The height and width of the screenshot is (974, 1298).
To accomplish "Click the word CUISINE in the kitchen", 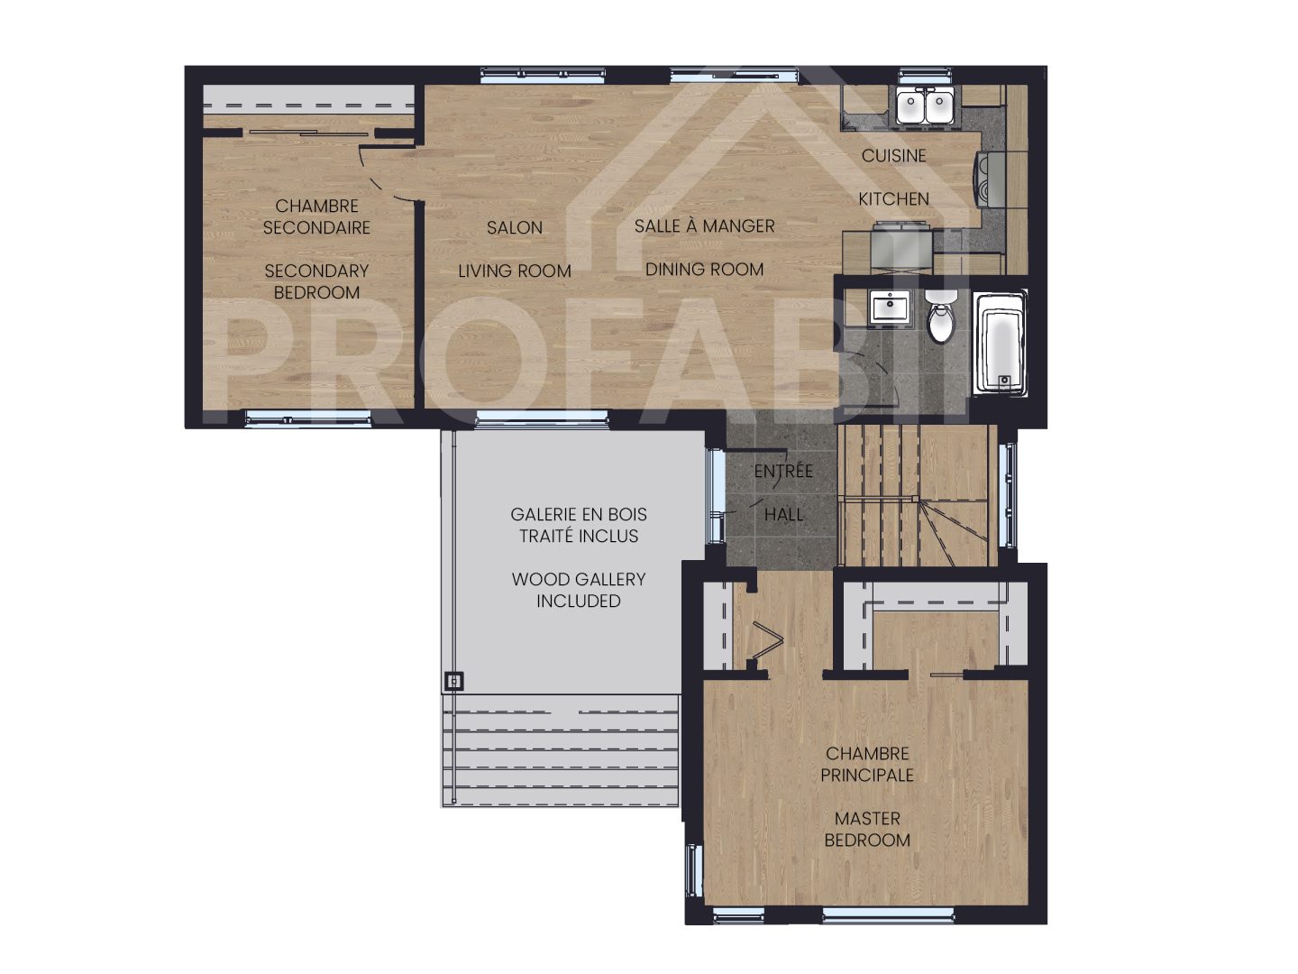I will [x=893, y=155].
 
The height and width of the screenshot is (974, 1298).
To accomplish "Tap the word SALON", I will [x=515, y=228].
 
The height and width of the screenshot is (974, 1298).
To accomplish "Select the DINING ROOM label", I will [x=704, y=269].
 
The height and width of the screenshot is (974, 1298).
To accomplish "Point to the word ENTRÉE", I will [x=782, y=471].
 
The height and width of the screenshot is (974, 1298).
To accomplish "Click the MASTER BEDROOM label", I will [x=867, y=829].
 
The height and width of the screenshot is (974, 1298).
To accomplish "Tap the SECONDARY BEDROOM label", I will [x=316, y=281].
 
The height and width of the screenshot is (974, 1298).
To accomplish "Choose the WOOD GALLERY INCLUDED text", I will [x=579, y=590].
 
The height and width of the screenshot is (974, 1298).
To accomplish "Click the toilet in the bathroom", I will [x=940, y=320].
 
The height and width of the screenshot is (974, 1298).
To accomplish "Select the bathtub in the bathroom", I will [x=1001, y=344].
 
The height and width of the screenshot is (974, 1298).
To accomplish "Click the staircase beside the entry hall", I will [x=915, y=496].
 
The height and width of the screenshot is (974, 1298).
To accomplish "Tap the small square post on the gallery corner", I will [x=454, y=681].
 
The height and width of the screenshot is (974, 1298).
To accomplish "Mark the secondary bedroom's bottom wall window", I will [x=307, y=418].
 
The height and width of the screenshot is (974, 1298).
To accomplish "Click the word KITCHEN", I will [x=893, y=198].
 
